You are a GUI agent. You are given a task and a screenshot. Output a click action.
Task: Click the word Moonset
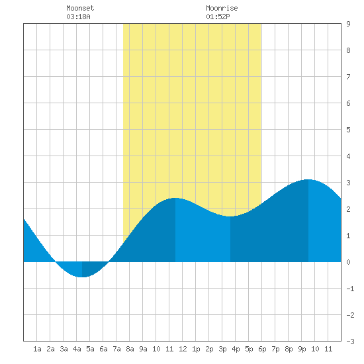(x=80, y=8)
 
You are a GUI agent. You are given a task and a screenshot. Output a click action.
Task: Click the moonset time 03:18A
(x=78, y=17)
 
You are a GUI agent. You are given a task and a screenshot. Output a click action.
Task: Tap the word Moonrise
(x=222, y=8)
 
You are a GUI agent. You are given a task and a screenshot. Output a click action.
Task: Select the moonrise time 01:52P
(x=218, y=17)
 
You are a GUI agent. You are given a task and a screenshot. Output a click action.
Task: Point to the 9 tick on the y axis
(x=348, y=24)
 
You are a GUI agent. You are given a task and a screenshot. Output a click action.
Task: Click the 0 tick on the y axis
(x=348, y=262)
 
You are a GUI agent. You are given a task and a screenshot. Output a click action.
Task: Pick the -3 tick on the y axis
(x=350, y=341)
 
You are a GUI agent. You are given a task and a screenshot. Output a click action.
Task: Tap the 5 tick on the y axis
(x=348, y=130)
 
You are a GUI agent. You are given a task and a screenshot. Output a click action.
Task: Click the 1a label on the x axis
(x=37, y=349)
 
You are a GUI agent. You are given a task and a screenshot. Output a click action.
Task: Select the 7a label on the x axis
(x=116, y=349)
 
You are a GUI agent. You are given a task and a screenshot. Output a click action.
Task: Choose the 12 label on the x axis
(x=183, y=349)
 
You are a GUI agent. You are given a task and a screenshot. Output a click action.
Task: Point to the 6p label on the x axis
(x=262, y=349)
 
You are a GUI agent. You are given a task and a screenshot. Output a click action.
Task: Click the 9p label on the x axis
(x=302, y=349)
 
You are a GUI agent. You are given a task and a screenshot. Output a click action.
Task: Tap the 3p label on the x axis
(x=222, y=349)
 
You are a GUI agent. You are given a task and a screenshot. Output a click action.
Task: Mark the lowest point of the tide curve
(x=82, y=277)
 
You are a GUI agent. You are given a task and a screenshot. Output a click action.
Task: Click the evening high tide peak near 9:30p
(x=308, y=179)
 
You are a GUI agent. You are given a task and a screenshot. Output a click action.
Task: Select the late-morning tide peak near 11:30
(x=175, y=198)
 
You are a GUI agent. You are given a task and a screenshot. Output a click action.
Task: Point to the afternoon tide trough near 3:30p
(x=230, y=216)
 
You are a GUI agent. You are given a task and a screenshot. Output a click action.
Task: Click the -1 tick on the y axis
(x=350, y=289)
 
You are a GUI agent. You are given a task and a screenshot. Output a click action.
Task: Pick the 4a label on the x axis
(x=77, y=349)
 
